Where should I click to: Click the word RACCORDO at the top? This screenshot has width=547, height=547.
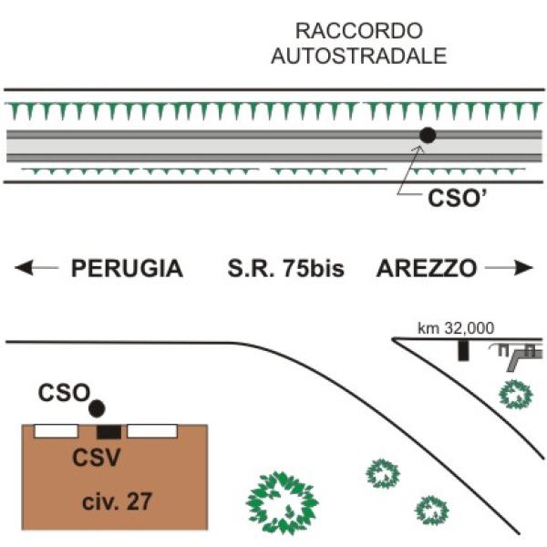click(x=359, y=31)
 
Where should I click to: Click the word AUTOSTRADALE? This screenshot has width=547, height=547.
click(x=359, y=56)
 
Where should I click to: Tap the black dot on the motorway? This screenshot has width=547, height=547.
click(x=428, y=135)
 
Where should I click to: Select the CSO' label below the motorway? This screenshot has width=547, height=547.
click(x=457, y=198)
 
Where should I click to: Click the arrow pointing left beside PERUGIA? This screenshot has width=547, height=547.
click(x=36, y=268)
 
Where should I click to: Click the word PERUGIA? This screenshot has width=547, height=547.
click(x=127, y=268)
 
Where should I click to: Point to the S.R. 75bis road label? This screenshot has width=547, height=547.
click(x=285, y=268)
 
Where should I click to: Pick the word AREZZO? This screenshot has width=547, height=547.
click(x=427, y=268)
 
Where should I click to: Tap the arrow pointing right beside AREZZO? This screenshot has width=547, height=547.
click(x=509, y=268)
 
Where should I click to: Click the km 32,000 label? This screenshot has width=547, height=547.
click(x=456, y=328)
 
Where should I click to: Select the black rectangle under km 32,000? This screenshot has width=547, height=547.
click(x=463, y=350)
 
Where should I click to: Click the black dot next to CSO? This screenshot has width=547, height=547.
click(x=97, y=408)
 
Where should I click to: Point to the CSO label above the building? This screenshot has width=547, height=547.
click(x=64, y=393)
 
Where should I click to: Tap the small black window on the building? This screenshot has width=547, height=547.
click(x=108, y=432)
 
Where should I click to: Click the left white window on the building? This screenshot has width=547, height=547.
click(x=56, y=431)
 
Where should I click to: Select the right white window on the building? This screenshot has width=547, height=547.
click(x=152, y=431)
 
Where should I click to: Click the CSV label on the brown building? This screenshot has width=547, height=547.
click(x=97, y=458)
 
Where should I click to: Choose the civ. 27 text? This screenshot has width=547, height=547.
click(x=117, y=501)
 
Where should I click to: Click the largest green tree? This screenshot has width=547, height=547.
click(x=282, y=502)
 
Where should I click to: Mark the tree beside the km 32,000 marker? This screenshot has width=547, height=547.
click(x=516, y=395)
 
